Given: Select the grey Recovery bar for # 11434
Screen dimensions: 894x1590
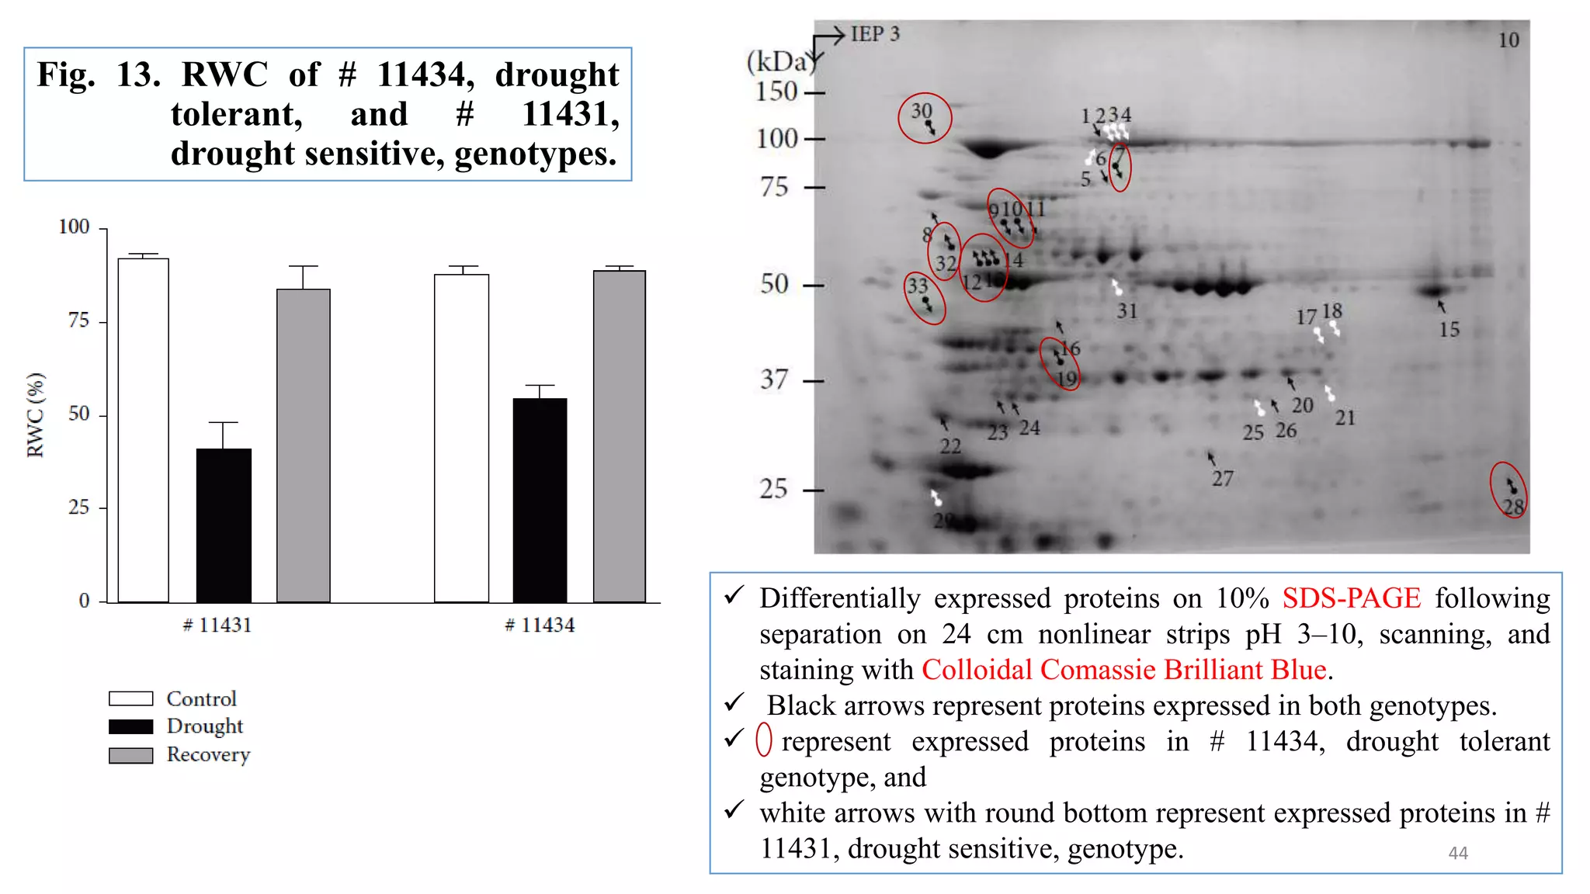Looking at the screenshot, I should tap(619, 436).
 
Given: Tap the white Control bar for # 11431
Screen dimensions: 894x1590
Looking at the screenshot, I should tap(144, 430).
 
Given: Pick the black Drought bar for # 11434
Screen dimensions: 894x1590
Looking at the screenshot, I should tap(540, 500).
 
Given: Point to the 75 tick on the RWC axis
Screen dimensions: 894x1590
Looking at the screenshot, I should tap(78, 321).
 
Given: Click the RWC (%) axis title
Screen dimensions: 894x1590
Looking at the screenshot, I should tap(36, 415).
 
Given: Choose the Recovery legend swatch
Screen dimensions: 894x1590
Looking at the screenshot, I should tap(130, 755).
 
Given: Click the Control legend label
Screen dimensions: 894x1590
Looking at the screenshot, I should tap(201, 698).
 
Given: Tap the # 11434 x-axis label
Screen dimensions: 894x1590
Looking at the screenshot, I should tap(540, 625).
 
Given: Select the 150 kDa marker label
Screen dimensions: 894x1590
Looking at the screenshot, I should tap(776, 92).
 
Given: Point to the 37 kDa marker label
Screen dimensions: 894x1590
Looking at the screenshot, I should tap(774, 379).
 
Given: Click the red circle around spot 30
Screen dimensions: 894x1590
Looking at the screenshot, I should tap(925, 118).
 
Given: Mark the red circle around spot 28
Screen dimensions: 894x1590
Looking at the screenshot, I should tap(1508, 490).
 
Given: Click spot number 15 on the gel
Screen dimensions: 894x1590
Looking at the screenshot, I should tap(1449, 330).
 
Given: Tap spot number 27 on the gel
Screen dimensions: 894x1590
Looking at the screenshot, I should tap(1222, 479).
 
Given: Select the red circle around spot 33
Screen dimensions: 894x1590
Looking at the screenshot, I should tap(925, 298).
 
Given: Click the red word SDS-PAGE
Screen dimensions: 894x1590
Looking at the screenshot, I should tap(1351, 598).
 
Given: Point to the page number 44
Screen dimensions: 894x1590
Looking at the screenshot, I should tap(1458, 853).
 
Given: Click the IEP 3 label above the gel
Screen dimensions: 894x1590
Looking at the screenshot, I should tap(875, 34).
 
